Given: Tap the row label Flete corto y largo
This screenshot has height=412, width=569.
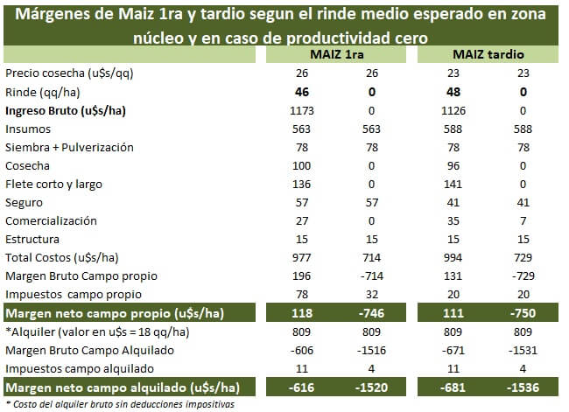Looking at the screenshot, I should tap(54, 185).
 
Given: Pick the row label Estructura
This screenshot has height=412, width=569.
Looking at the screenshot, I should tap(32, 240).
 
